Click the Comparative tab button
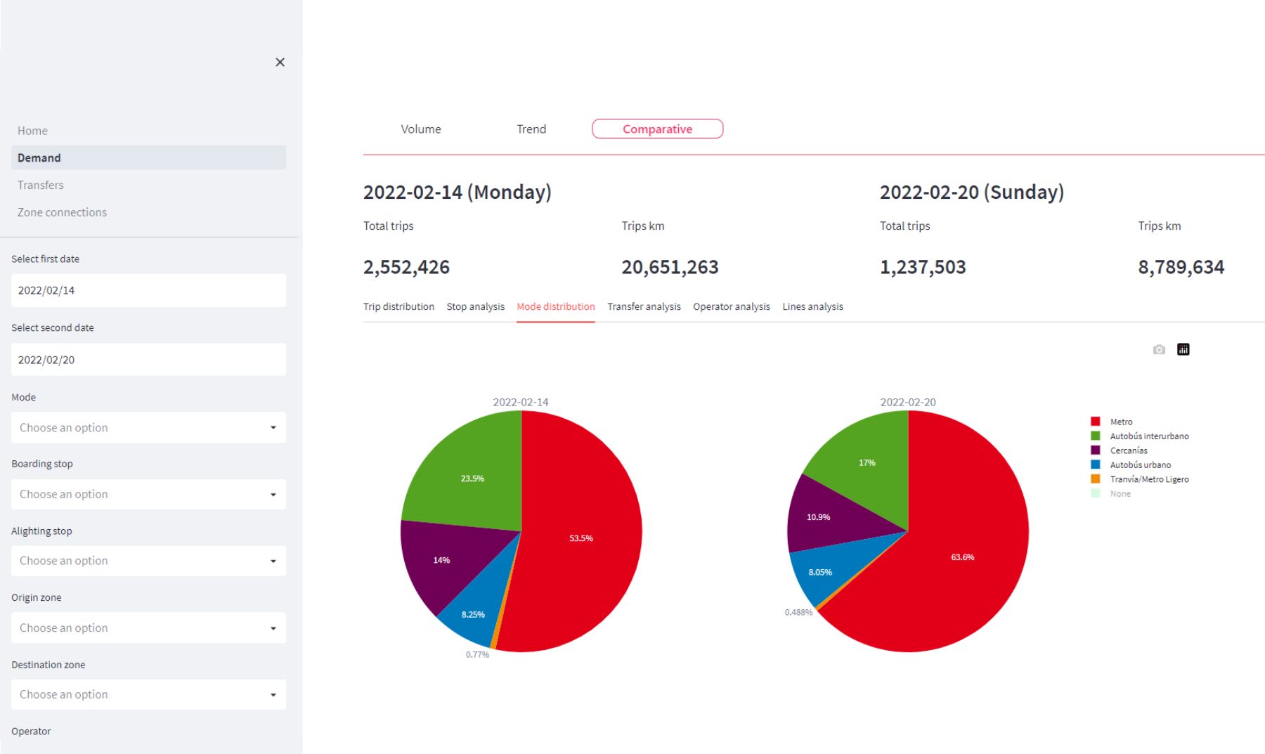tap(657, 129)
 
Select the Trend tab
tap(531, 129)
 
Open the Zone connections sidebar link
tap(62, 212)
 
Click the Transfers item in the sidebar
tap(40, 185)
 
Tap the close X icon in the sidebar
tap(280, 63)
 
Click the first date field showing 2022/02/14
tap(148, 290)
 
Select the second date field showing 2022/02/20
tap(148, 360)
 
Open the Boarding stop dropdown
tap(148, 495)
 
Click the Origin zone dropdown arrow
tap(273, 628)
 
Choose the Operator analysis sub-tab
tap(731, 306)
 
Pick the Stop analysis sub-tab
tap(475, 306)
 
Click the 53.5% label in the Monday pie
tap(580, 538)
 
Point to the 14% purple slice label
tap(441, 560)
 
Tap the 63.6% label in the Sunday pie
tap(962, 557)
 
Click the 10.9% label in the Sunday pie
tap(818, 517)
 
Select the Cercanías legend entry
tap(1128, 450)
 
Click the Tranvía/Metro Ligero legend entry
tap(1148, 479)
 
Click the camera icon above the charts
tap(1159, 349)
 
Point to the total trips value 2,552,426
tap(406, 267)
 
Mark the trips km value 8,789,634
tap(1181, 267)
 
